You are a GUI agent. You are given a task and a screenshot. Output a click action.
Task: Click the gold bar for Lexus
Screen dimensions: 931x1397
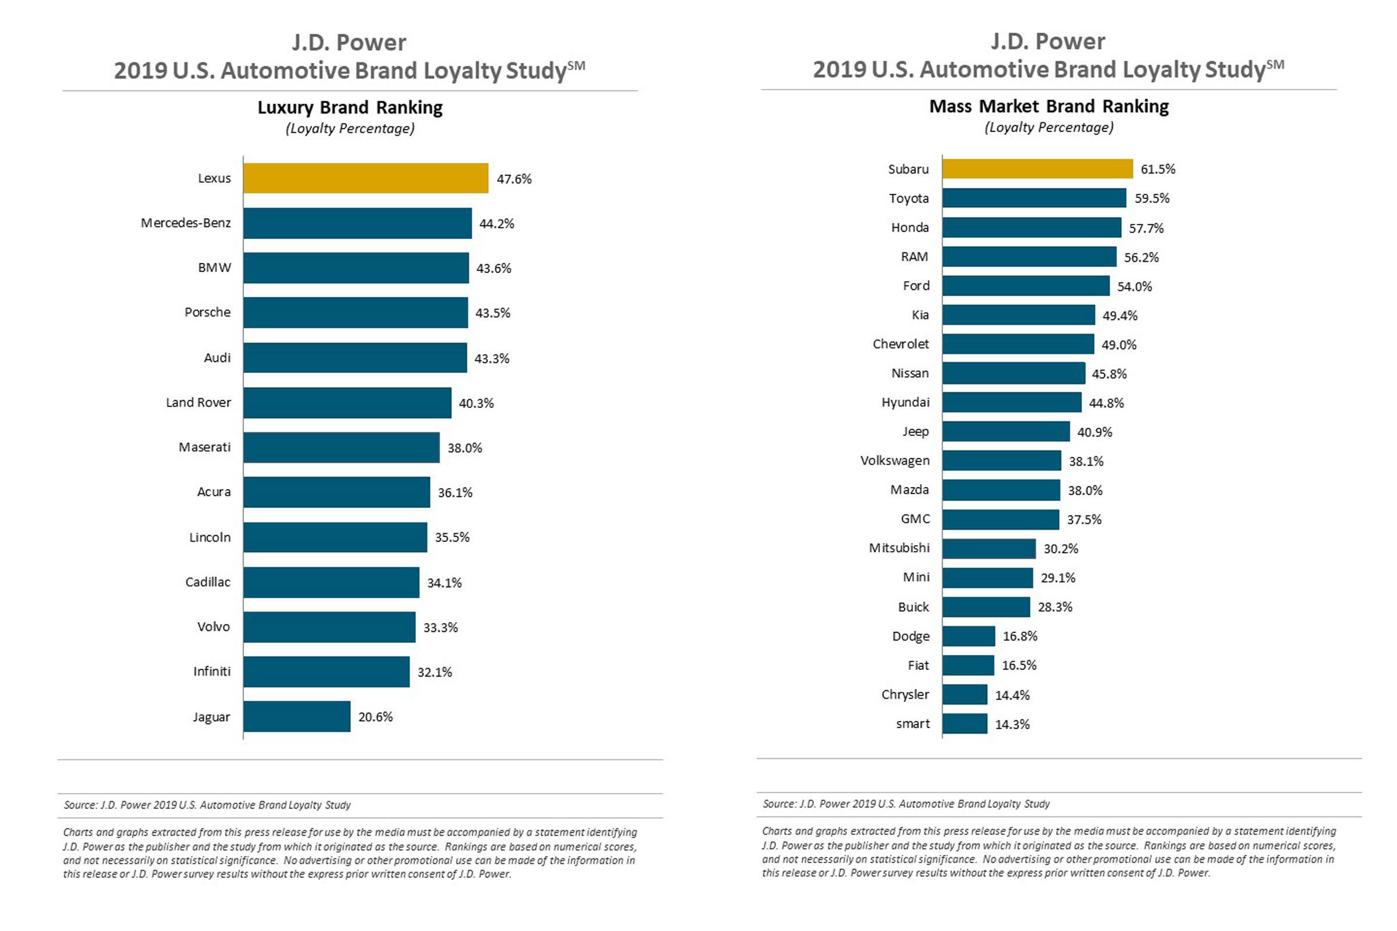pos(366,178)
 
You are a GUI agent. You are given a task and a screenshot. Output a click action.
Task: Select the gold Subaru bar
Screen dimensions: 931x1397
pos(1037,169)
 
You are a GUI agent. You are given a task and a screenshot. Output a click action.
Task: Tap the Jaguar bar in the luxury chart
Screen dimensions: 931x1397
pos(296,717)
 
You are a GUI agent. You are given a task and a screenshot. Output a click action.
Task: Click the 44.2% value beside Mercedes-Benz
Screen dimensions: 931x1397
pos(497,224)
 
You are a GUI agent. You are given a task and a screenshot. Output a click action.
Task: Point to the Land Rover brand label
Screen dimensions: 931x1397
pos(198,403)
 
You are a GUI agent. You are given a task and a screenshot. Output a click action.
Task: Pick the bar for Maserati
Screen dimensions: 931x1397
pos(341,447)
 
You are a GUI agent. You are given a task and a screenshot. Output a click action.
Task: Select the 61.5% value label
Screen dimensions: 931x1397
pos(1158,169)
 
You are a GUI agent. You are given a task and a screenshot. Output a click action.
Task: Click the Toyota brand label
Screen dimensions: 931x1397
pos(908,198)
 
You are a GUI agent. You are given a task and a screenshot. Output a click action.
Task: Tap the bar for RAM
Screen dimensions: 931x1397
pos(1029,257)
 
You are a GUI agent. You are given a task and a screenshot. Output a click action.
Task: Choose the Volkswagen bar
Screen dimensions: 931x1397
pos(1001,461)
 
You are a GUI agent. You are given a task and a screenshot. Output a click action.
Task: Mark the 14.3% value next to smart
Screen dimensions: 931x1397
pos(1012,724)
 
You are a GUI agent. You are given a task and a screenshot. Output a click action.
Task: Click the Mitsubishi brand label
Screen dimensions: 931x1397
pos(899,548)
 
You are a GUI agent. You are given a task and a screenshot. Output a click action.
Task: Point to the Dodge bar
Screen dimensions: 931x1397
pos(968,636)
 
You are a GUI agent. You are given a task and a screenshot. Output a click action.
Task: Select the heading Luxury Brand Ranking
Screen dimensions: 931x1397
pos(350,108)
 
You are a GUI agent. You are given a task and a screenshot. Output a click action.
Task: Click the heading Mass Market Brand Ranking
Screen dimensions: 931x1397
pos(1048,106)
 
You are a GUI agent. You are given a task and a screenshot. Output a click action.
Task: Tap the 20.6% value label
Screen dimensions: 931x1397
pos(375,717)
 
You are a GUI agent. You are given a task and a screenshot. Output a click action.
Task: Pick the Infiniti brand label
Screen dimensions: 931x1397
pos(211,671)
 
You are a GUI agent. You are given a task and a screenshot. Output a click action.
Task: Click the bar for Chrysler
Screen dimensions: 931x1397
pos(965,694)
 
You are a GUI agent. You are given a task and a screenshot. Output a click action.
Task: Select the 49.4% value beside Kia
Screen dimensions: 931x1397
pos(1119,316)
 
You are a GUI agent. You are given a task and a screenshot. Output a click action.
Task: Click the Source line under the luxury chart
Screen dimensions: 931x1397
pos(207,805)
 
